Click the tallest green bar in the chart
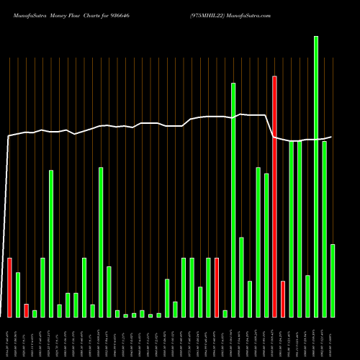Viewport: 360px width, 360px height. [316, 176]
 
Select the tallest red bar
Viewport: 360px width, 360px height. [274, 196]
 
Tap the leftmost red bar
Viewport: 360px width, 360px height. [9, 287]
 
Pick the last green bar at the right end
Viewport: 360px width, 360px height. [333, 281]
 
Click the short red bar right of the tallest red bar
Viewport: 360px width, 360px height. [283, 299]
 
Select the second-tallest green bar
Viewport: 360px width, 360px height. [233, 199]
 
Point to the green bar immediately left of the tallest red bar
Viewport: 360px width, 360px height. [266, 245]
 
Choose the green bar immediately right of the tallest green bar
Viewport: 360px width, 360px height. [325, 229]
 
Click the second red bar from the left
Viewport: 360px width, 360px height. [26, 310]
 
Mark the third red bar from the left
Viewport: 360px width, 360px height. [217, 287]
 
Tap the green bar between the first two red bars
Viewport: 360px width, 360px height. [18, 294]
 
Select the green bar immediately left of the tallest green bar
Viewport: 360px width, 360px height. [307, 296]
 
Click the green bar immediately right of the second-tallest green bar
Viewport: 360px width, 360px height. [241, 277]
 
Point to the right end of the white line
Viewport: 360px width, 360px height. [332, 137]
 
